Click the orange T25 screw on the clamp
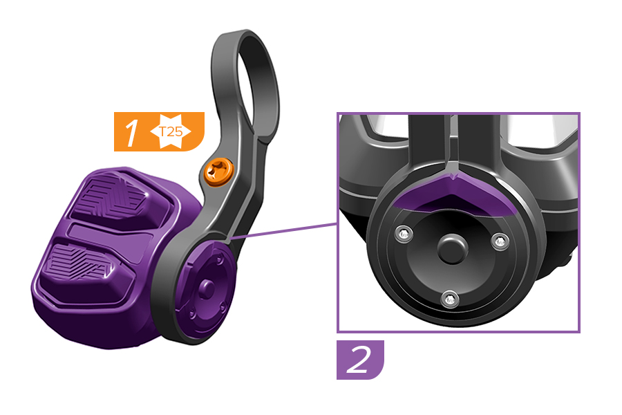click(218, 172)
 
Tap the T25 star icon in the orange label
click(171, 131)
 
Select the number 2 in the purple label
click(358, 360)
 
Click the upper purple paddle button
click(115, 199)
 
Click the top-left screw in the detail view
click(404, 234)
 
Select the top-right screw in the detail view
click(500, 241)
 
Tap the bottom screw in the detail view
click(450, 298)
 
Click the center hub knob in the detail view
click(452, 249)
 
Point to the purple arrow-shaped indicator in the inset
click(452, 194)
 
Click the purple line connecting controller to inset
click(283, 231)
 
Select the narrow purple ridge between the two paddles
click(109, 237)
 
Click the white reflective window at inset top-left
click(387, 127)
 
